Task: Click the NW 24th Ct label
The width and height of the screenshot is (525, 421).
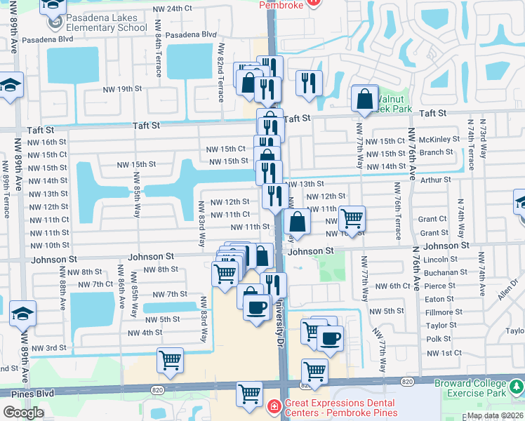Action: click(x=171, y=8)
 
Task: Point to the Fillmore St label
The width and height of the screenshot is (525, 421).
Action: click(x=444, y=312)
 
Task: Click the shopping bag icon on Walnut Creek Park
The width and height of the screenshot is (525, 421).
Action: click(x=365, y=101)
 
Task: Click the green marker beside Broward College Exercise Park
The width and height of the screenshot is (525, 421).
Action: click(x=516, y=386)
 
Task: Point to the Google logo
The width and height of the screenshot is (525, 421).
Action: click(x=23, y=412)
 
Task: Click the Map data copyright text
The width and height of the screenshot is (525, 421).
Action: click(x=494, y=415)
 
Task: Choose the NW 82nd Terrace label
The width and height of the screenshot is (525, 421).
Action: click(x=221, y=72)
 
